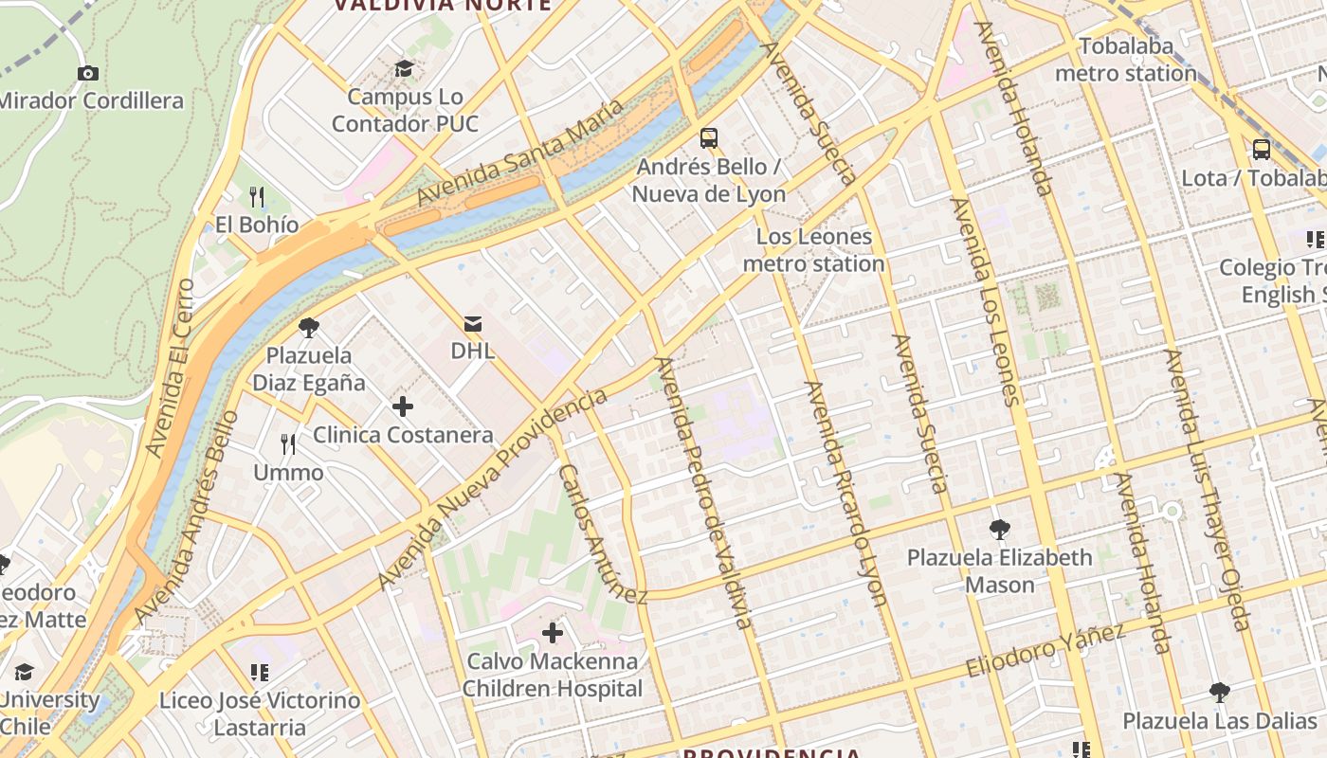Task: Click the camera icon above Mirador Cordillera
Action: [88, 73]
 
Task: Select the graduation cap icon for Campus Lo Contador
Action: [405, 68]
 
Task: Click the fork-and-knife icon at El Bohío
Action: [256, 197]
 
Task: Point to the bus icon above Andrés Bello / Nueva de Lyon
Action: [709, 138]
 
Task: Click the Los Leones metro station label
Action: [813, 250]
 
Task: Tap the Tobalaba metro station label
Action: [1125, 60]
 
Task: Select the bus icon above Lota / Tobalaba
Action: [1261, 150]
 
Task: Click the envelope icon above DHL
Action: [472, 324]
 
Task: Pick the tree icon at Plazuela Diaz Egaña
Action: [308, 328]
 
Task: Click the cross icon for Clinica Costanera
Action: [403, 407]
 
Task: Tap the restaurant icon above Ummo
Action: [288, 443]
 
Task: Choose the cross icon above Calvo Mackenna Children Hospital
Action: [553, 633]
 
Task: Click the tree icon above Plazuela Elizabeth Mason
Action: [999, 530]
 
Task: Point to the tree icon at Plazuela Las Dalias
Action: [1220, 693]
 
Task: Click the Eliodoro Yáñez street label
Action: [1045, 650]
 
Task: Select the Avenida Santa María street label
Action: [520, 153]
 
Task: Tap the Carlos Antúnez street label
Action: [601, 533]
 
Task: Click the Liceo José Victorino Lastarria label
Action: [260, 714]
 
